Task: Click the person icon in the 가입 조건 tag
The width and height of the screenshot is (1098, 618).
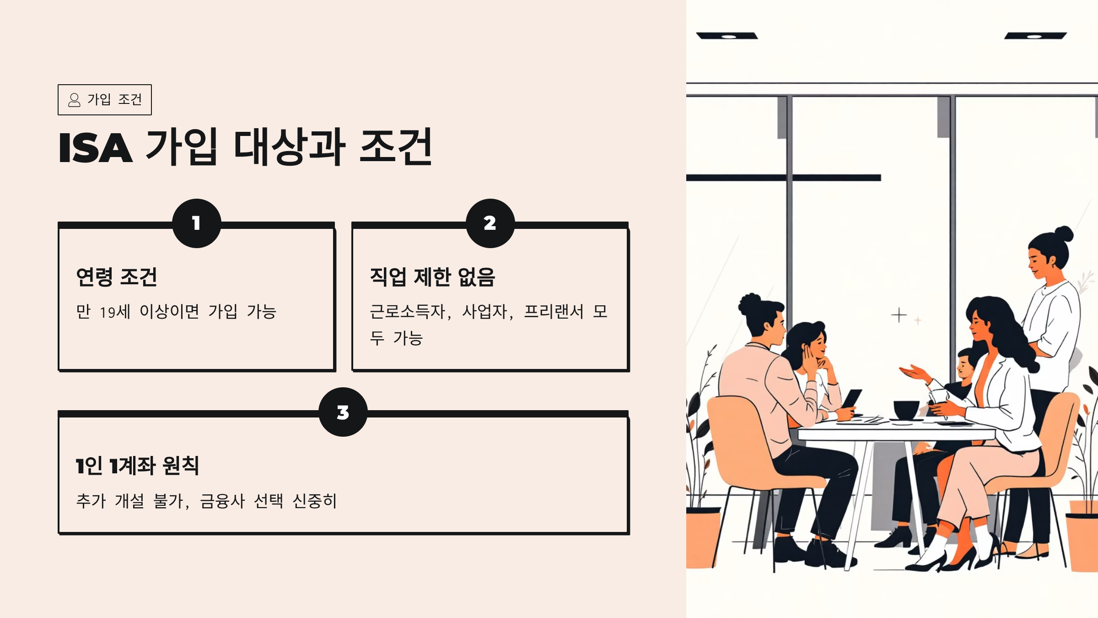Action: tap(74, 100)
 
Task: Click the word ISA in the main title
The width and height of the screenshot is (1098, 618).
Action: tap(96, 148)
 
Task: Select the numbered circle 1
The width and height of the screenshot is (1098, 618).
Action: tap(197, 223)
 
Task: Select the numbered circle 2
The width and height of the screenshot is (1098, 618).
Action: tap(490, 223)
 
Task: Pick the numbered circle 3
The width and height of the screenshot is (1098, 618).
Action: tap(343, 412)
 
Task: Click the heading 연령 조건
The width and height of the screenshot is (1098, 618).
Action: tap(117, 277)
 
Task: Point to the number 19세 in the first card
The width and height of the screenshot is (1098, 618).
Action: tap(115, 312)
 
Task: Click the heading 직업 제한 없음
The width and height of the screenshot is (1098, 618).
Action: tap(432, 277)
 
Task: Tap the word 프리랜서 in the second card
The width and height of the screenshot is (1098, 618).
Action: tap(554, 312)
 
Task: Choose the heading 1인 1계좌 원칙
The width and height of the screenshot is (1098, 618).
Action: tap(137, 466)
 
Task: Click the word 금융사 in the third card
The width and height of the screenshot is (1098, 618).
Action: tap(222, 501)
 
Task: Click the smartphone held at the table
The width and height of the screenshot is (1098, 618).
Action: tap(852, 398)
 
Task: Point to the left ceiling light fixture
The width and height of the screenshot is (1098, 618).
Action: tap(727, 36)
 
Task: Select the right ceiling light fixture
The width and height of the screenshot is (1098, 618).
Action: tap(1035, 36)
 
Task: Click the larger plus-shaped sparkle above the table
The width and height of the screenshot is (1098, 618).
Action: tap(899, 315)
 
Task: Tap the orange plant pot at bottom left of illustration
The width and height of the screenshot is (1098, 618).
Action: tap(702, 538)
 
